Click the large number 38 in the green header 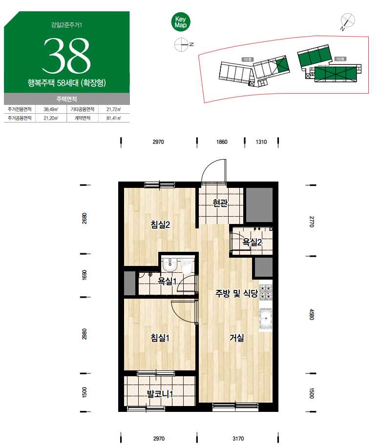tap(66, 56)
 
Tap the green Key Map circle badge tap(181, 22)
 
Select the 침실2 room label tap(160, 224)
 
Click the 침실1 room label tap(160, 338)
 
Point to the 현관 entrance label tap(220, 203)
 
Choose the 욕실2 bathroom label tap(252, 242)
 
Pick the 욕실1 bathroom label tap(168, 281)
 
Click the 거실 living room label tap(237, 338)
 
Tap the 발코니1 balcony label tap(160, 394)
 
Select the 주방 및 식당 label tap(236, 293)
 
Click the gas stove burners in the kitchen tap(266, 293)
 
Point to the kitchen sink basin tap(266, 320)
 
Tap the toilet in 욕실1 tap(188, 267)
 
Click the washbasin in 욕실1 tap(170, 264)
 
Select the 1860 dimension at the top tap(222, 142)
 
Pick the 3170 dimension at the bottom tap(238, 439)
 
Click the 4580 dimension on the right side tap(312, 315)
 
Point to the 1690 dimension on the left tap(85, 275)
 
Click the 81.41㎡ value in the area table tap(113, 118)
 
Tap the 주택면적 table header tap(66, 99)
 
